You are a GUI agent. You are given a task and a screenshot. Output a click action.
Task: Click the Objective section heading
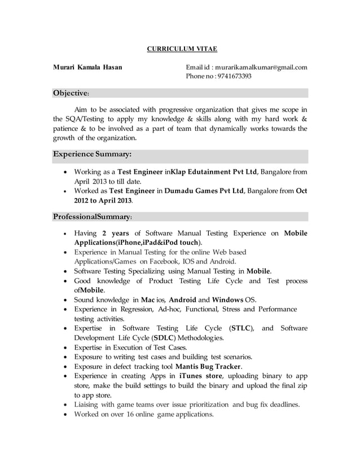(71, 93)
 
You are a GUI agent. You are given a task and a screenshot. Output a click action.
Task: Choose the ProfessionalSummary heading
(93, 217)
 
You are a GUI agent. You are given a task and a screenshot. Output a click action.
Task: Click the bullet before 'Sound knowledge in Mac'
(67, 300)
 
